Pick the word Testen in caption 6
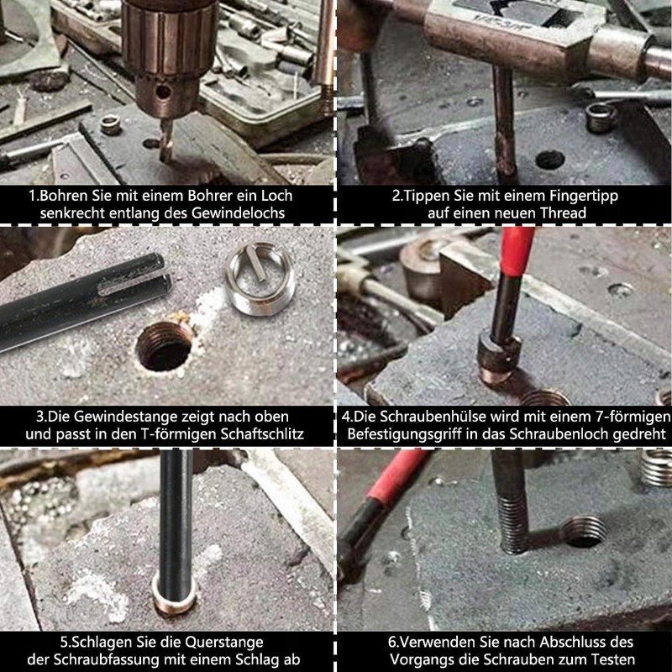pyautogui.click(x=613, y=659)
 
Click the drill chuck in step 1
pyautogui.click(x=170, y=55)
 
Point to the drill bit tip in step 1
pyautogui.click(x=165, y=160)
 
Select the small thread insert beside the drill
pyautogui.click(x=111, y=124)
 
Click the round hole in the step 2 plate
pyautogui.click(x=550, y=160)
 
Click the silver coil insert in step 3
pyautogui.click(x=260, y=278)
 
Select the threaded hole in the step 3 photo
pyautogui.click(x=165, y=345)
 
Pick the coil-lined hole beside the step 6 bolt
pyautogui.click(x=584, y=532)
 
